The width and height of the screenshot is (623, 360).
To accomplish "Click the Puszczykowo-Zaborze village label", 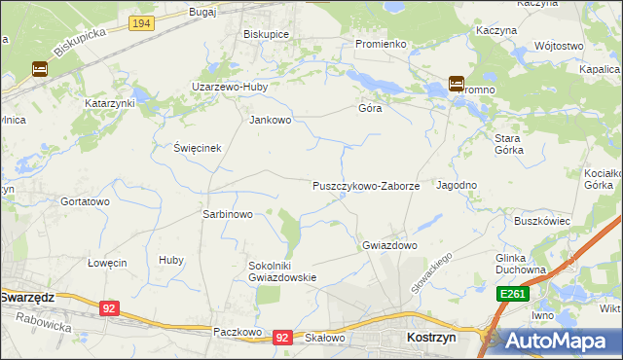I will coord(366,185).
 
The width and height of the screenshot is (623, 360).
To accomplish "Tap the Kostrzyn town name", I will coord(424,336).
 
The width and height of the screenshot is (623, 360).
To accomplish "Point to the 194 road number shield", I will coord(141,21).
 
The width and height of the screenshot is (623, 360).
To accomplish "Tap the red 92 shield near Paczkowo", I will coord(282,337).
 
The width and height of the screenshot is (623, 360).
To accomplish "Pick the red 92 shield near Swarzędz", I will coord(109,308).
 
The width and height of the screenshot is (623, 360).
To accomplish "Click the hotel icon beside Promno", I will coord(456,84).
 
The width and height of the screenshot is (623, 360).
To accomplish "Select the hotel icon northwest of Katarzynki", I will coord(39,69).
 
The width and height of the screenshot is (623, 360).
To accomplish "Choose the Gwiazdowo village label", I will coord(389,245).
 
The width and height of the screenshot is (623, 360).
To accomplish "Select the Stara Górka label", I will coord(508,144).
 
